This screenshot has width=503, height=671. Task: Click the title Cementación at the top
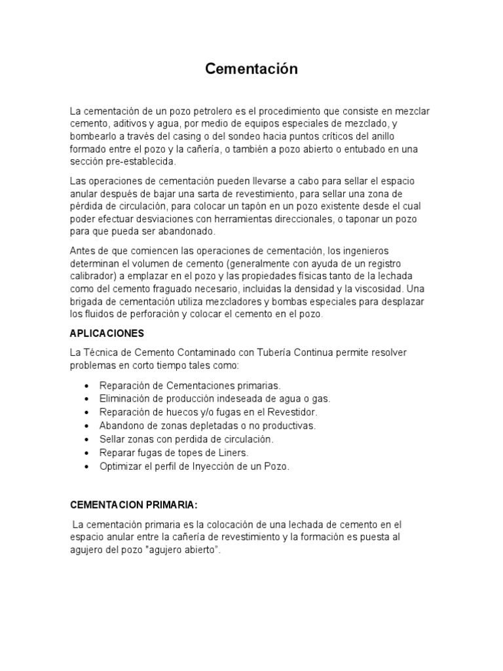coord(251,69)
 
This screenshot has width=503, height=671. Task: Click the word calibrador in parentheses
coord(94,276)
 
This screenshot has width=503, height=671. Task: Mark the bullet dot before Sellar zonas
coord(88,439)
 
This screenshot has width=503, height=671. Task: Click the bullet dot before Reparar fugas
coord(88,453)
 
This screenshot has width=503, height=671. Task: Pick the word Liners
coord(234,453)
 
